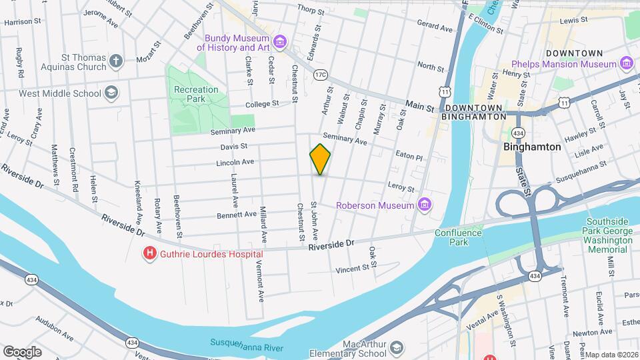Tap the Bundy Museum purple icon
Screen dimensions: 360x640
pos(280,43)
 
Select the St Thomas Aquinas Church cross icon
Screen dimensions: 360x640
pos(117,62)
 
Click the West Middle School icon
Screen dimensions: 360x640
pos(112,93)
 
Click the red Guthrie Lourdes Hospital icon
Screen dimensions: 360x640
pos(150,253)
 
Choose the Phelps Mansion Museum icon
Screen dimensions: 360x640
pos(626,63)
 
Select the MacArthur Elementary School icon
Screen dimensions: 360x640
pos(397,349)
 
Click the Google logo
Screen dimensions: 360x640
pos(22,351)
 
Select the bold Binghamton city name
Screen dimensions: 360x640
pos(532,147)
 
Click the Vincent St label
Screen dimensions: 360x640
pos(352,269)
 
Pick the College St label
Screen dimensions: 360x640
pos(261,104)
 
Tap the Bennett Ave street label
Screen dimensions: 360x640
pos(237,215)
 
